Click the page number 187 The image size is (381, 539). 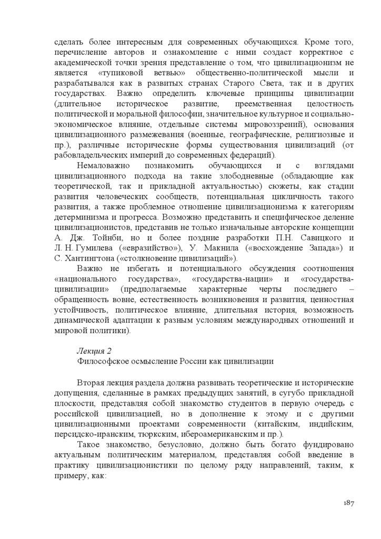pos(346,503)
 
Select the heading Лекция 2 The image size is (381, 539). pos(94,350)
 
